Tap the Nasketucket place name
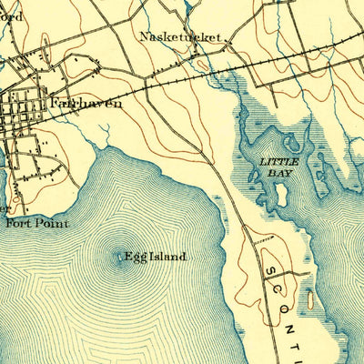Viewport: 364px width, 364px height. tap(182, 38)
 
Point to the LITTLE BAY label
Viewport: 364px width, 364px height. tap(277, 166)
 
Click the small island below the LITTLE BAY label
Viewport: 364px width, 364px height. tap(281, 194)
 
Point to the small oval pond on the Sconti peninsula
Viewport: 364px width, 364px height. tap(309, 299)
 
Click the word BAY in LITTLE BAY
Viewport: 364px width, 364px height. tap(277, 171)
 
